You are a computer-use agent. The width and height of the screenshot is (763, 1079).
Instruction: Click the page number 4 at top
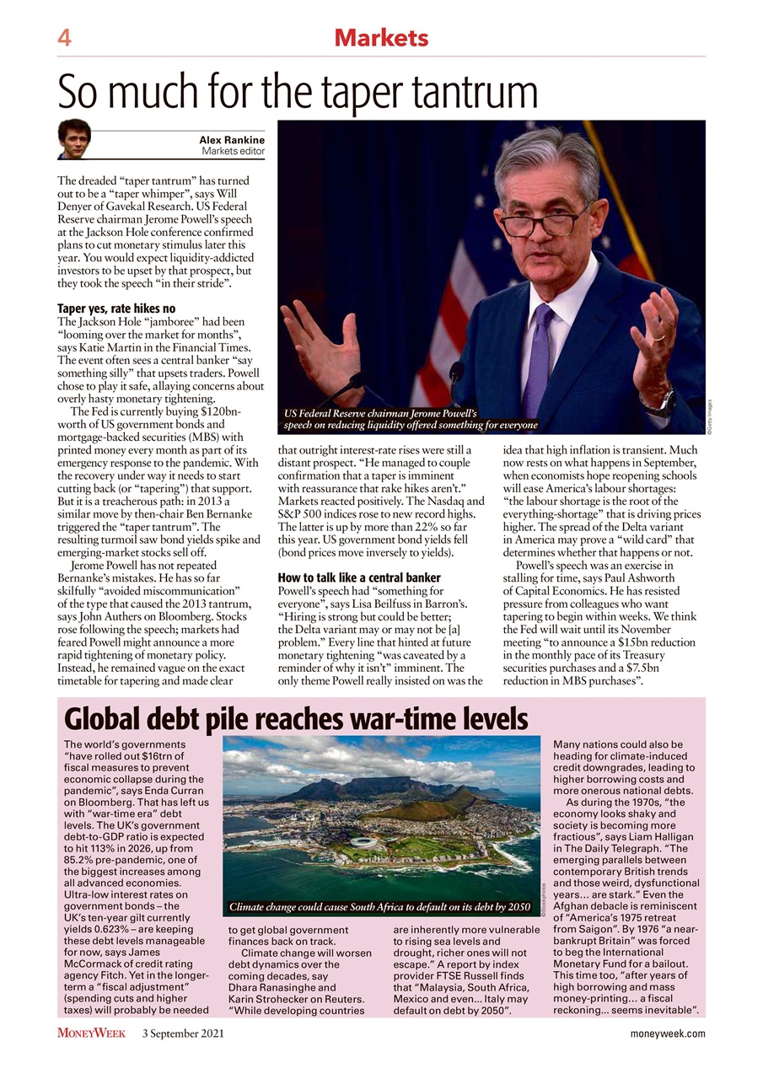coord(64,38)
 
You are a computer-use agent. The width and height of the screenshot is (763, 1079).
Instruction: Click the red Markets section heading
coord(381,38)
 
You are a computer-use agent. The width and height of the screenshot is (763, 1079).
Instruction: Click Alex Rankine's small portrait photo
coord(74,139)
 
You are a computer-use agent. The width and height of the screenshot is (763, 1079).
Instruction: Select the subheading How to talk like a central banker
coord(359,577)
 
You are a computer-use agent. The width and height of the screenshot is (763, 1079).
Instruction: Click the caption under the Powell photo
coord(411,419)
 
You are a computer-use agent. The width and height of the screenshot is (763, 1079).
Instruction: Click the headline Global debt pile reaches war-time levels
coord(296,719)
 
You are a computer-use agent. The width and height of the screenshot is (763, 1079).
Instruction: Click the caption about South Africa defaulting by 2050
coord(380,908)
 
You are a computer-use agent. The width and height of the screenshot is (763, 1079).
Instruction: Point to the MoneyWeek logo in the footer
coord(91,1033)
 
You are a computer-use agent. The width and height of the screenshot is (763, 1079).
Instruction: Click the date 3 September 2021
coord(182,1033)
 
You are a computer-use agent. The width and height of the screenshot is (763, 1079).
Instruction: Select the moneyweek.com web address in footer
coord(668,1033)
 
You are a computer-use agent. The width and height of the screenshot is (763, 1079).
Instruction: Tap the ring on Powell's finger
coord(659,336)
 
